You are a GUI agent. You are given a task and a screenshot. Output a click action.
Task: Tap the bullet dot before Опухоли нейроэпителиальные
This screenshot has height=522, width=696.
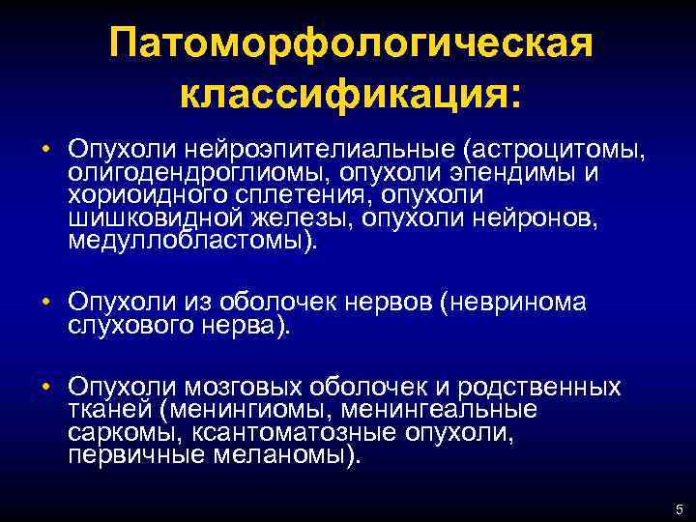45,150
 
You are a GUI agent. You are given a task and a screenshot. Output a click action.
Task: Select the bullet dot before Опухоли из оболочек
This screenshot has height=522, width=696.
45,304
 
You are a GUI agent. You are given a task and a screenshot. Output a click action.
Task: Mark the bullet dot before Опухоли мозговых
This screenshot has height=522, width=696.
45,389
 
